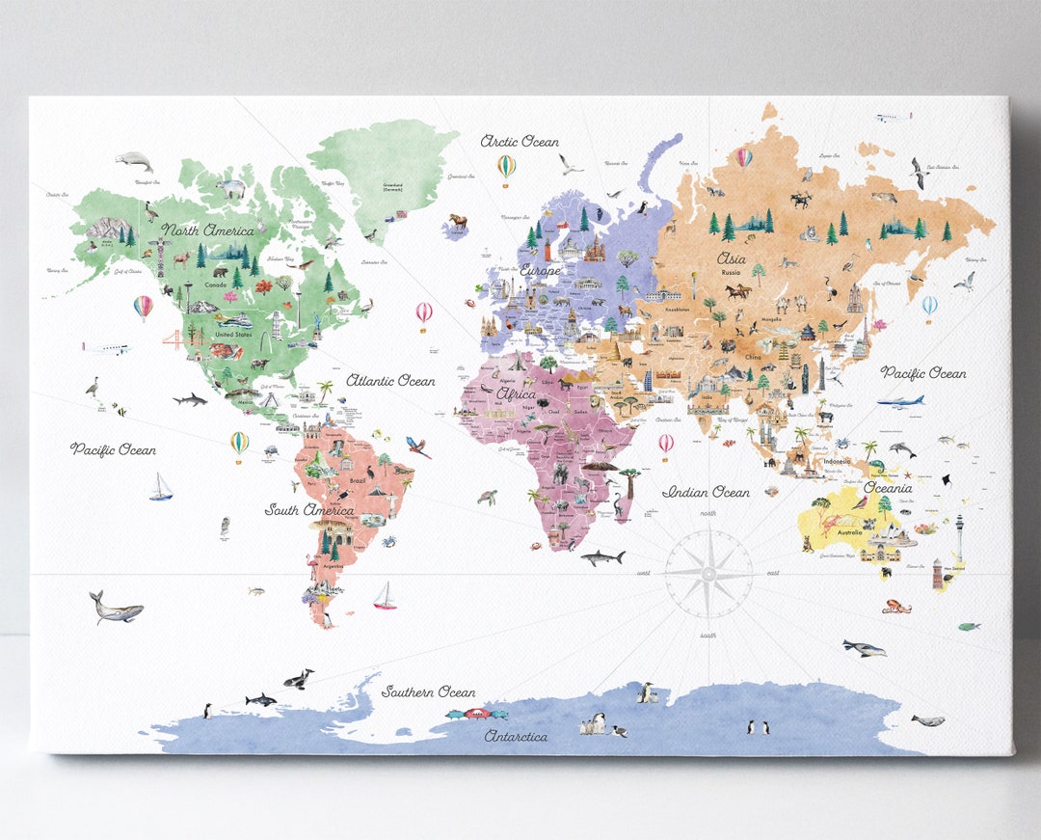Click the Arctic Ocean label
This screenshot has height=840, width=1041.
click(x=520, y=142)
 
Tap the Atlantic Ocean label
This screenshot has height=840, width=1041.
click(x=390, y=381)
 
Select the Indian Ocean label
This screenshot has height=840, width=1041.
click(x=706, y=492)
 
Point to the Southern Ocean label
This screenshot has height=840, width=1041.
click(x=428, y=691)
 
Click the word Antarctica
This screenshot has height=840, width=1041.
click(x=516, y=736)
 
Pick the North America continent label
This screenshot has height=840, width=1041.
click(x=208, y=230)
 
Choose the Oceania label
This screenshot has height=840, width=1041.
click(x=887, y=487)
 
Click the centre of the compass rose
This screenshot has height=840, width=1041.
click(x=708, y=574)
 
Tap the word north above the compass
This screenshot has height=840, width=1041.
click(x=708, y=514)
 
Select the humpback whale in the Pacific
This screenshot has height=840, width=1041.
click(x=116, y=608)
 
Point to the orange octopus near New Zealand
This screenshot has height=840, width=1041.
click(x=895, y=607)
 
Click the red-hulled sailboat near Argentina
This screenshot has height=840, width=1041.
click(x=385, y=597)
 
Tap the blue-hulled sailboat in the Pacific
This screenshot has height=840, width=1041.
click(x=160, y=488)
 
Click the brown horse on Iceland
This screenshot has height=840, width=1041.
click(x=457, y=222)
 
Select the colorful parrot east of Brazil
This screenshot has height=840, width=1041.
click(x=418, y=447)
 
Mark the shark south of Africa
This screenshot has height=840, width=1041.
click(x=602, y=557)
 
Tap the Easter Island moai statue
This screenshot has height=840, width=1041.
click(x=225, y=527)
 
